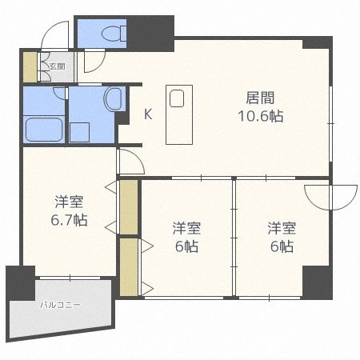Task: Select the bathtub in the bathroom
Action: coord(45,129)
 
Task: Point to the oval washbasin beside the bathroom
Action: coord(113,99)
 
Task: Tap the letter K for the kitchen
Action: coord(148,114)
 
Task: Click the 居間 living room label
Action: coord(259,98)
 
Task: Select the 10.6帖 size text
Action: coord(259,116)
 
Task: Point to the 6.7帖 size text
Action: coord(69,220)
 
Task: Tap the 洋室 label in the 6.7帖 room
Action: coord(69,202)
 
